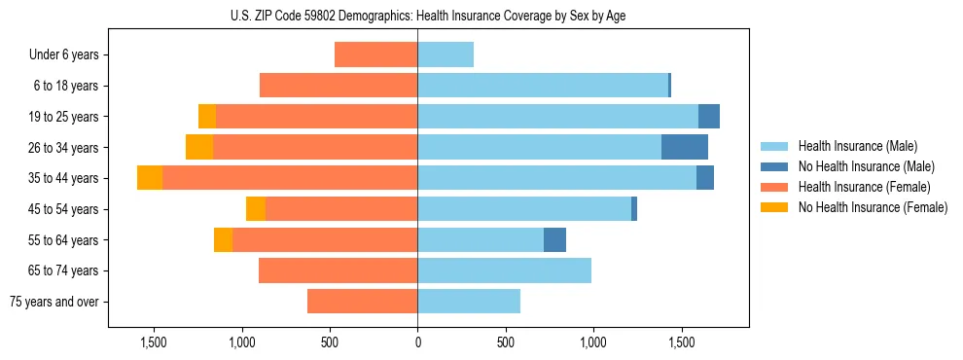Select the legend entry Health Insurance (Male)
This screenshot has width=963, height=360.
(857, 146)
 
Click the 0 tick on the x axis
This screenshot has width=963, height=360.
(417, 342)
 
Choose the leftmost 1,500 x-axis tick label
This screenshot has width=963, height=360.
(154, 342)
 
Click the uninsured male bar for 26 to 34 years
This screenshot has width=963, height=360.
(684, 147)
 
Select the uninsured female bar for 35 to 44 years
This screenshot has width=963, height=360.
(150, 178)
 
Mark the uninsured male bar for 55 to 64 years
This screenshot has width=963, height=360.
(554, 239)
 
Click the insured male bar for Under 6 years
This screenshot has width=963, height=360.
(446, 55)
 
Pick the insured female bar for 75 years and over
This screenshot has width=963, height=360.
(362, 302)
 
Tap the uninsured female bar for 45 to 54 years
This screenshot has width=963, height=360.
(256, 209)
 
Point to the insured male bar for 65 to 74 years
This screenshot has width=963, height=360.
(504, 270)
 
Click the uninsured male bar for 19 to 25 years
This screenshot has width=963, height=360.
(708, 117)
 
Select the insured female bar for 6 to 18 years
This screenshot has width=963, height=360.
(339, 86)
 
